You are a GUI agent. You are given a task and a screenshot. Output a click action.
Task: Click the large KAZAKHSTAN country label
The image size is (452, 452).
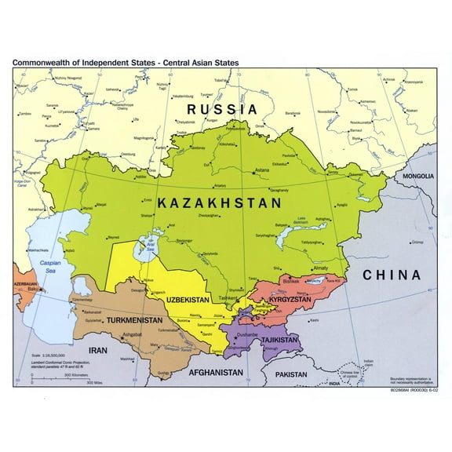coord(219,203)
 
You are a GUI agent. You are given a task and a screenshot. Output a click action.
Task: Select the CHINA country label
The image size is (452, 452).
coord(392,275)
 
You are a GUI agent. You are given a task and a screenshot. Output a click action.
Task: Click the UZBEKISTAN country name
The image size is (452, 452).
coord(188,300)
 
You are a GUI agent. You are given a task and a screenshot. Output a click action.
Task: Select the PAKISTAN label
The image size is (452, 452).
coord(290,375)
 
